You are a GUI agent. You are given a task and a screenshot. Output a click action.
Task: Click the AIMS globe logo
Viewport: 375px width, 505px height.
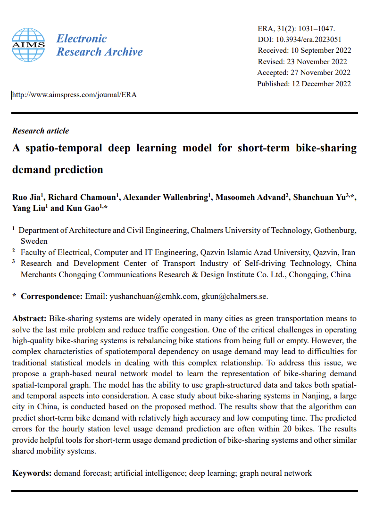point(28,45)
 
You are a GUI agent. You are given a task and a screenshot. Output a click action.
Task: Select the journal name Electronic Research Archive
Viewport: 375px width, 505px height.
point(99,45)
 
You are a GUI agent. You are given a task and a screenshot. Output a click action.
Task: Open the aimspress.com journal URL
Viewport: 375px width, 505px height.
point(74,95)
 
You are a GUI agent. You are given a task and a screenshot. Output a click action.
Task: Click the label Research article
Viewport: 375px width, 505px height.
point(41,131)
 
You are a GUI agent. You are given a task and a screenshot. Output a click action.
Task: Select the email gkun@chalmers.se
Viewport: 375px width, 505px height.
point(234,296)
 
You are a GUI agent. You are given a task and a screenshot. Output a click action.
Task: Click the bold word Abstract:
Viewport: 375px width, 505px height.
point(30,319)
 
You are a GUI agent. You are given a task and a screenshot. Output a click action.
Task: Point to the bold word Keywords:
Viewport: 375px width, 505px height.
point(32,472)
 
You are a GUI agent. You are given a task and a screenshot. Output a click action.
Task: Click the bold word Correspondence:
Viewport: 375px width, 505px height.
point(52,296)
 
